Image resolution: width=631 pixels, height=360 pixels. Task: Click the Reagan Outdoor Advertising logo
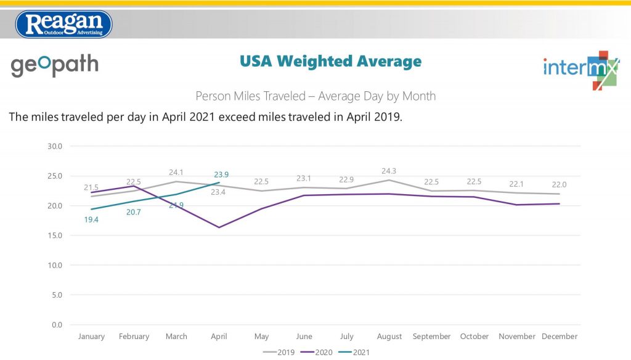click(64, 24)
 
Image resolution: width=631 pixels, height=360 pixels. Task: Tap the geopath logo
click(55, 65)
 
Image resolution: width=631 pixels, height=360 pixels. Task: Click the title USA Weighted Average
click(330, 61)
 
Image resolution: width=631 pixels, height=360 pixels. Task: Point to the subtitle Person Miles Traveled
click(315, 96)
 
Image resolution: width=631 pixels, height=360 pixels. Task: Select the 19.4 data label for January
click(92, 219)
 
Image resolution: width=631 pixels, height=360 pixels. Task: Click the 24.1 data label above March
click(176, 173)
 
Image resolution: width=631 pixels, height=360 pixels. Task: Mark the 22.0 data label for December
click(560, 184)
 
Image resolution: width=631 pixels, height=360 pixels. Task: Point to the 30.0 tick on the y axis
click(55, 147)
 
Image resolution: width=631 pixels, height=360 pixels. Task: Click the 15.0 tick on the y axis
click(55, 235)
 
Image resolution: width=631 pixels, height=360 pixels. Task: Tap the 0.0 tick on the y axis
click(57, 325)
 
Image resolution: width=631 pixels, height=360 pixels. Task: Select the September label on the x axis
click(432, 337)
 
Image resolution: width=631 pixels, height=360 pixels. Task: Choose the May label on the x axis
click(261, 337)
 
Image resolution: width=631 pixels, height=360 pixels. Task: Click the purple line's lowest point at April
click(219, 227)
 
